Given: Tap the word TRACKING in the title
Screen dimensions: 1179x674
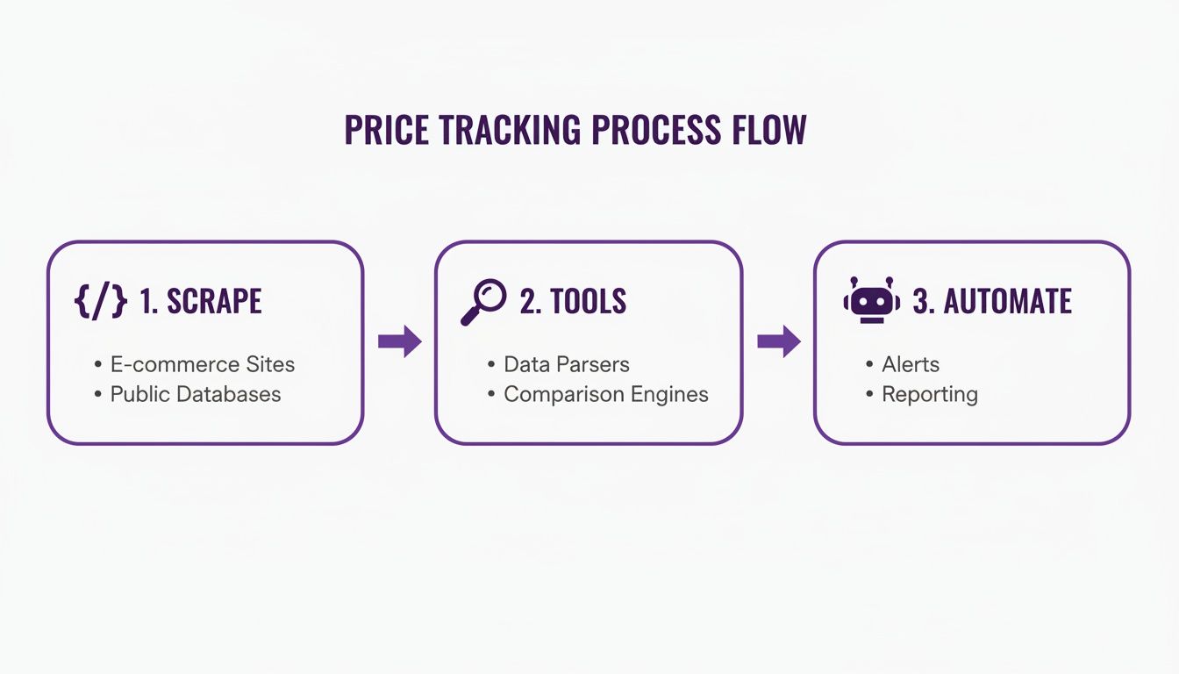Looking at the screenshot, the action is [x=510, y=130].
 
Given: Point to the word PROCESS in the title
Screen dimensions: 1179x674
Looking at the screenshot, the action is [x=656, y=130].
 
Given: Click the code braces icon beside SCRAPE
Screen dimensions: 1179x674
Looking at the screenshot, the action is [x=101, y=301].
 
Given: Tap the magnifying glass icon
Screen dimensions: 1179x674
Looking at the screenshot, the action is [x=483, y=302].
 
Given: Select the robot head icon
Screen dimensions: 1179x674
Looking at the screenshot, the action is [x=872, y=299].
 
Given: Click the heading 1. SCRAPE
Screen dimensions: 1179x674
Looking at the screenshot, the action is [x=201, y=301].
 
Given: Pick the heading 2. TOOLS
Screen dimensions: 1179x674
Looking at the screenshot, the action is [x=573, y=301].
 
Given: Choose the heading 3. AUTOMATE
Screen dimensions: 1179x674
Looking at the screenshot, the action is [x=992, y=301].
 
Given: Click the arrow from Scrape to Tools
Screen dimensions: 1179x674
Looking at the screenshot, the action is [x=400, y=341].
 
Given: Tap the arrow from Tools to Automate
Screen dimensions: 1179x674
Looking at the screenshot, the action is [x=779, y=341].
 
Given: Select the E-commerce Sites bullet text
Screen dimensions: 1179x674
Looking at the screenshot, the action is [x=203, y=364].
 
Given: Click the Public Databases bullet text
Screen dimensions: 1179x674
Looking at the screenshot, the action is [x=196, y=394].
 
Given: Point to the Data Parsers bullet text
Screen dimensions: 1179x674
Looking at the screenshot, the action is [x=567, y=364].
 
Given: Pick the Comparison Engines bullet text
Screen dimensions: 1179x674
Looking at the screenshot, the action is [x=606, y=395].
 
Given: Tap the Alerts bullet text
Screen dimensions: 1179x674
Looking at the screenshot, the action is [x=911, y=364].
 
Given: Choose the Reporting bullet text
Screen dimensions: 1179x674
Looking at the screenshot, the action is [x=930, y=395].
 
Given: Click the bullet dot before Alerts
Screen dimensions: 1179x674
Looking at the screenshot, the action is [x=869, y=364].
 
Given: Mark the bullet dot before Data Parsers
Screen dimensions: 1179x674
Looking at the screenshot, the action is [x=491, y=364].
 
